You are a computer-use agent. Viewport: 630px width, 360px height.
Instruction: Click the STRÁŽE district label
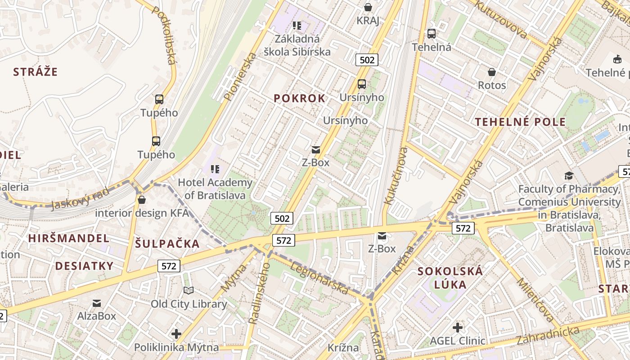click(36, 72)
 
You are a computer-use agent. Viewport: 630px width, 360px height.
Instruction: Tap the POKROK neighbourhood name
click(299, 99)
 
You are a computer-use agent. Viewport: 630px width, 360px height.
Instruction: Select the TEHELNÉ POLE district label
click(520, 122)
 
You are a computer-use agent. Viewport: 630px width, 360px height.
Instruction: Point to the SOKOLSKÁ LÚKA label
click(450, 278)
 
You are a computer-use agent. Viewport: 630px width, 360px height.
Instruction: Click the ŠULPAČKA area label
click(167, 244)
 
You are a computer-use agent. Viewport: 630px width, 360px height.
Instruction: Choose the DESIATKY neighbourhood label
click(84, 266)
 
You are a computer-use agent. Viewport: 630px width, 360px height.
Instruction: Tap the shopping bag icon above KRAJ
click(368, 7)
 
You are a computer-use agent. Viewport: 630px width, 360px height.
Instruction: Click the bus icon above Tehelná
click(432, 33)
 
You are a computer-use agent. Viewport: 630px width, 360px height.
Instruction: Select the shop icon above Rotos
click(492, 72)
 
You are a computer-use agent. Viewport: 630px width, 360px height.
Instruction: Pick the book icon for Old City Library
click(189, 291)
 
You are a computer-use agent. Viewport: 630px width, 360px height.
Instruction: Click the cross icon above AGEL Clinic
click(458, 327)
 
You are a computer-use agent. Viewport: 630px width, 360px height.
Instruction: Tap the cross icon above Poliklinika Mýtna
click(176, 334)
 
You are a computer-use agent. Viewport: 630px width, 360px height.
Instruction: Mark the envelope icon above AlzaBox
click(97, 303)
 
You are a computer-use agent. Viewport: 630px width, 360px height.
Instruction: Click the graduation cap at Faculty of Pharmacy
click(569, 175)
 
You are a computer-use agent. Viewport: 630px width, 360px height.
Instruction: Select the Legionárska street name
click(319, 278)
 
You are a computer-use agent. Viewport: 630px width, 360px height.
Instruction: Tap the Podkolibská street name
click(164, 35)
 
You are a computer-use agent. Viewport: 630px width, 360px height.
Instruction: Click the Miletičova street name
click(535, 300)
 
